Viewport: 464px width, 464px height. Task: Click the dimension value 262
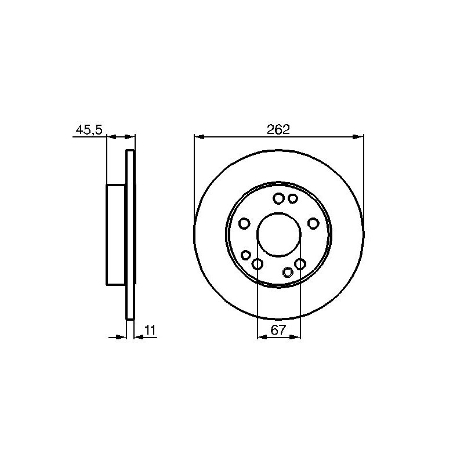click(278, 129)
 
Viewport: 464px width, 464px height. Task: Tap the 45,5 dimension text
click(89, 130)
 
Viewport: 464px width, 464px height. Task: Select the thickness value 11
click(150, 330)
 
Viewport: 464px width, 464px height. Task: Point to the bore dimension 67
click(278, 330)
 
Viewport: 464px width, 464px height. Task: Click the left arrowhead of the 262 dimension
click(200, 137)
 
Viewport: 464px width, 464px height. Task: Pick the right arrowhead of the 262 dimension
click(358, 137)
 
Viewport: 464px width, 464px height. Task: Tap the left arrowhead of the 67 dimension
click(263, 337)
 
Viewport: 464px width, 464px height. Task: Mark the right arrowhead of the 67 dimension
click(295, 337)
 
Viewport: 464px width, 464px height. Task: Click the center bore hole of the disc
click(278, 235)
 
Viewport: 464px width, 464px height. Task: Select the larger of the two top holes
click(278, 198)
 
